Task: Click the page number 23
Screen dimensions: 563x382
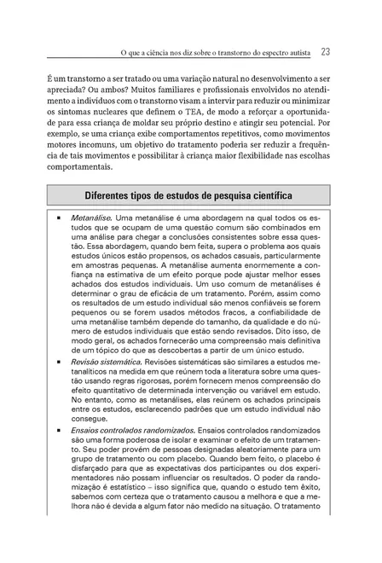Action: coord(326,51)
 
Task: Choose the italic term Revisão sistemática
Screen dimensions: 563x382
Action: coord(107,363)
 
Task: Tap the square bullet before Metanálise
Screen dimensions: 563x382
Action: coord(59,219)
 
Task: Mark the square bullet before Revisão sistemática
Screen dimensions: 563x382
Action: coord(59,363)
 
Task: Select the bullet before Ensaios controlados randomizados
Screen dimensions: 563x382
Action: coord(59,431)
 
